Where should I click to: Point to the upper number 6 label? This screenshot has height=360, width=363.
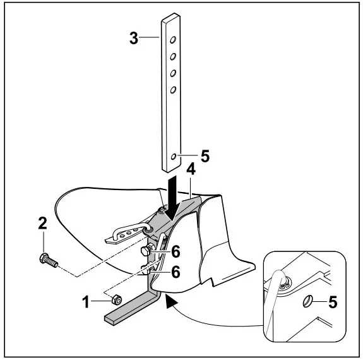pyautogui.click(x=176, y=251)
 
